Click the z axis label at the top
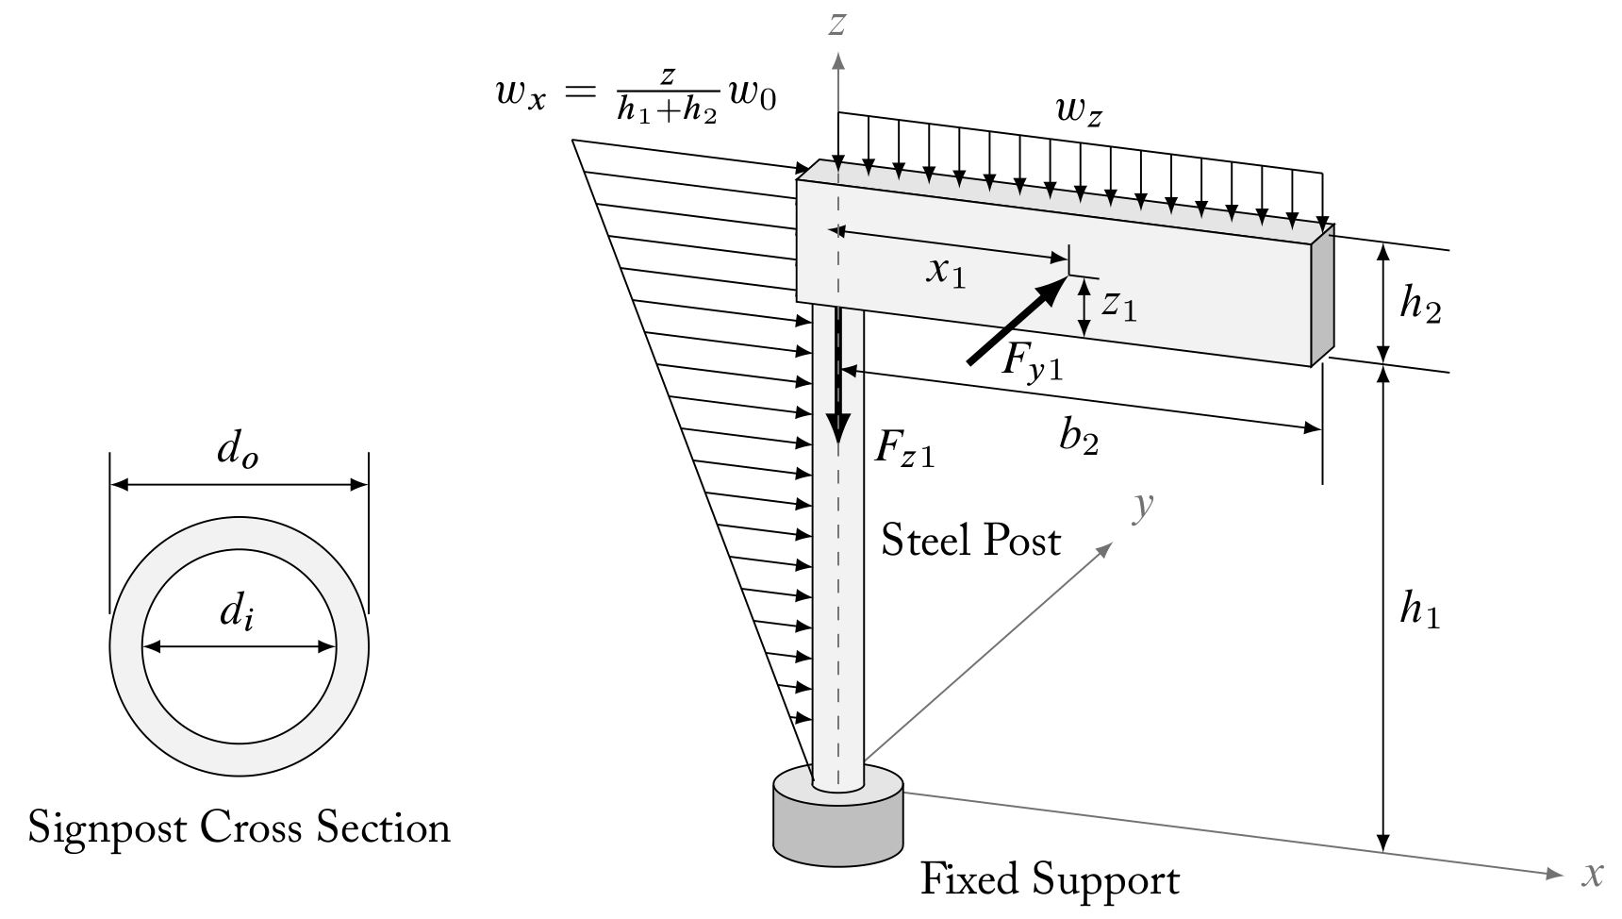(x=836, y=23)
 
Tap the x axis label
(x=1593, y=874)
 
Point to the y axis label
(x=1143, y=507)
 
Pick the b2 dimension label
(x=1079, y=438)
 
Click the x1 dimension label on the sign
(x=946, y=272)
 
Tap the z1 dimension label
(x=1120, y=304)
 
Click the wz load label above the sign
(x=1079, y=111)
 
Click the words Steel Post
(x=970, y=541)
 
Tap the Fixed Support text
(x=1049, y=879)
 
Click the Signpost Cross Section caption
(x=240, y=827)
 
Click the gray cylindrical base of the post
(x=837, y=830)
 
